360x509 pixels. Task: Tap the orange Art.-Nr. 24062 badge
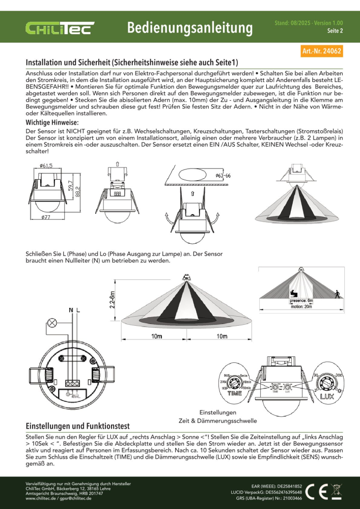pyautogui.click(x=322, y=51)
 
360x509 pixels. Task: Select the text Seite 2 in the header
pyautogui.click(x=334, y=31)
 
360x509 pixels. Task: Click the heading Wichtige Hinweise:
pyautogui.click(x=52, y=123)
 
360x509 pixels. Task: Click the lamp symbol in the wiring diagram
pyautogui.click(x=51, y=322)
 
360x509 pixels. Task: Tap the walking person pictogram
pyautogui.click(x=337, y=294)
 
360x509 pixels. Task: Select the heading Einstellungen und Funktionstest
pyautogui.click(x=78, y=426)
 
